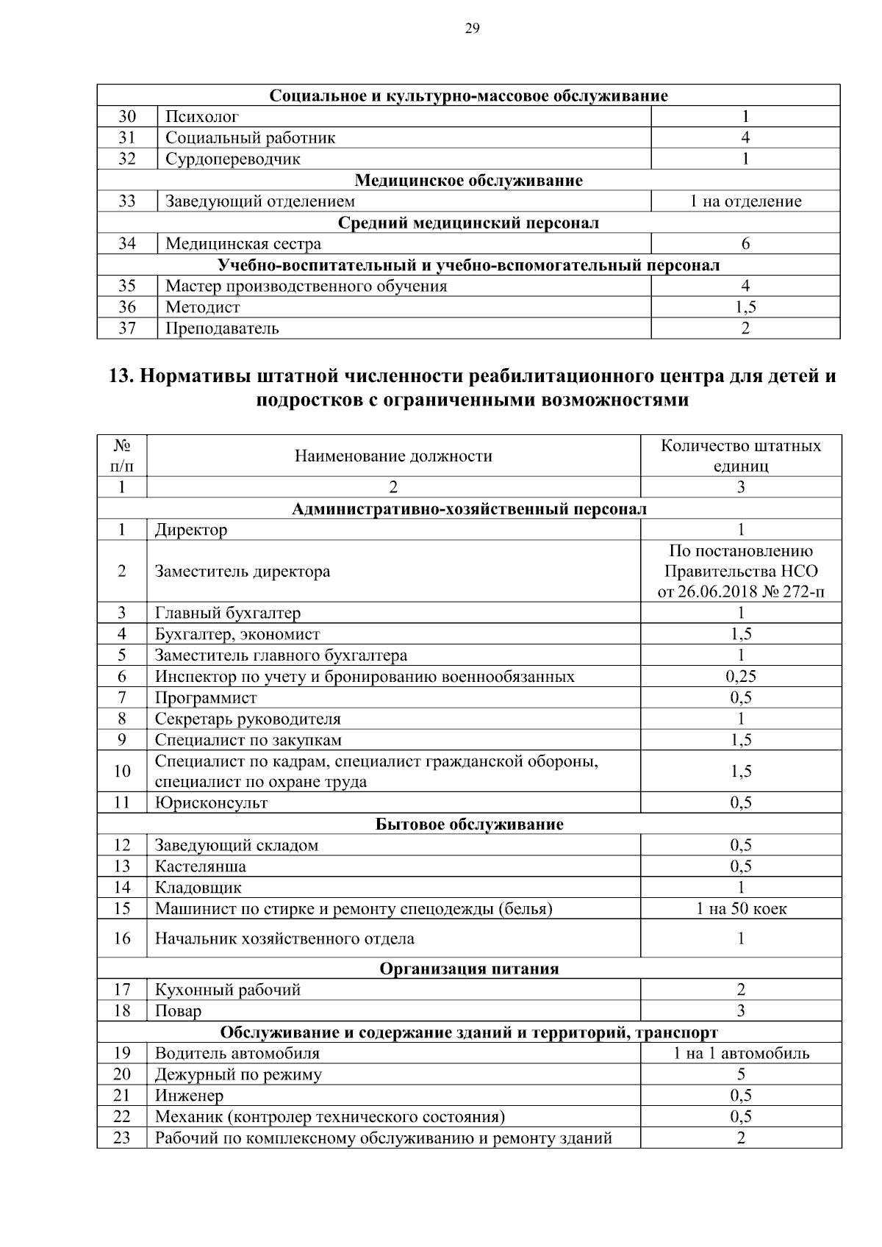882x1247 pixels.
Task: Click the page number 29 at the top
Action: point(472,29)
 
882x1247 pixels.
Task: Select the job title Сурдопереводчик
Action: point(232,159)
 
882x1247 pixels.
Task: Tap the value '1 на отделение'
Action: point(745,201)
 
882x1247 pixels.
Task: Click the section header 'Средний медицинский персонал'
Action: point(468,223)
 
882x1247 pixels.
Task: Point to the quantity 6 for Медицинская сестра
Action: point(745,244)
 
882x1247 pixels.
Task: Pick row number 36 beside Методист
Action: point(127,307)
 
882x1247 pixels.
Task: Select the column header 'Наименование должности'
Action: point(393,456)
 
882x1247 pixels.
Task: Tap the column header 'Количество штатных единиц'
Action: point(741,456)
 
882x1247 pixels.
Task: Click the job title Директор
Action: point(191,530)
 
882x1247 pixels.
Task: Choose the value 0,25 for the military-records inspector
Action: point(741,677)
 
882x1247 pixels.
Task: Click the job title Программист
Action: point(206,698)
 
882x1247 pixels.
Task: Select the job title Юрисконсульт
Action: point(211,803)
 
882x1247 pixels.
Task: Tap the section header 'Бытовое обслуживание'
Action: point(469,824)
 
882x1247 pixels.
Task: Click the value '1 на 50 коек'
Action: point(741,909)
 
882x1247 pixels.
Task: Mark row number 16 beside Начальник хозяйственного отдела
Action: point(122,938)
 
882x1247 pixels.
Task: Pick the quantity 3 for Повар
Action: point(741,1011)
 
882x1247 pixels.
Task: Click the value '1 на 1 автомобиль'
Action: point(741,1054)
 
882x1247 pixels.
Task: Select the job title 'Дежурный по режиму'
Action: point(238,1075)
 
